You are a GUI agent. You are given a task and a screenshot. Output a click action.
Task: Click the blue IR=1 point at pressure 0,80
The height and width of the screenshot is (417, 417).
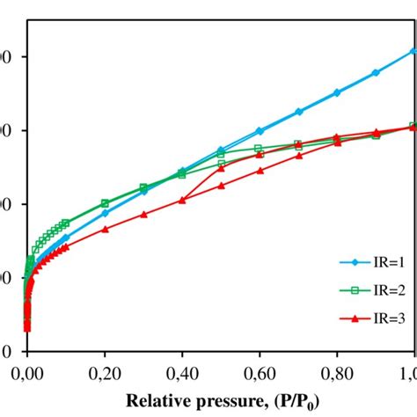(x=337, y=92)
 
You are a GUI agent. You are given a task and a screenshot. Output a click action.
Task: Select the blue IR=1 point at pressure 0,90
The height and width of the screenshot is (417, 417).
(x=376, y=72)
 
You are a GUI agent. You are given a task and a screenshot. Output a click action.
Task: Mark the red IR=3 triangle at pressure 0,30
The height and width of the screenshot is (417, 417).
(x=143, y=214)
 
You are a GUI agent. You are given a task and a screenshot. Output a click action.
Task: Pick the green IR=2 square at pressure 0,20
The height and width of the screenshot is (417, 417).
(x=105, y=203)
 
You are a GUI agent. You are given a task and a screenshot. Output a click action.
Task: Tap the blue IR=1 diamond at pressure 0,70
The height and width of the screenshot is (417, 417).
(x=298, y=112)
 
